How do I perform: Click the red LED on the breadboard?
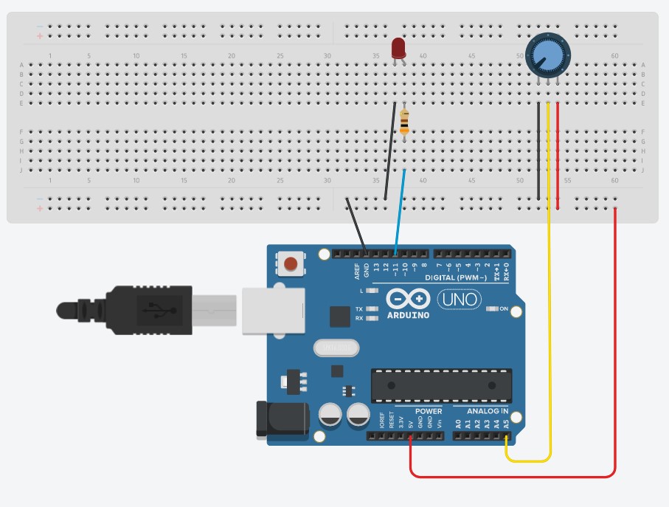[398, 47]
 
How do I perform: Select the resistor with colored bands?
[404, 123]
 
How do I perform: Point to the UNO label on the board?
[459, 300]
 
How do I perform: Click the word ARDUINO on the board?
[408, 315]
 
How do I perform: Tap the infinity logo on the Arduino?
[409, 299]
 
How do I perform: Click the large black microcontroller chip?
[441, 384]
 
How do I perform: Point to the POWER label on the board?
[429, 411]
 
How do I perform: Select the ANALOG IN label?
[488, 411]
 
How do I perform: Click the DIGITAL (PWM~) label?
[456, 278]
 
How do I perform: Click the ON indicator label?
[505, 308]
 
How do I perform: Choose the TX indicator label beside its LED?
[358, 308]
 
